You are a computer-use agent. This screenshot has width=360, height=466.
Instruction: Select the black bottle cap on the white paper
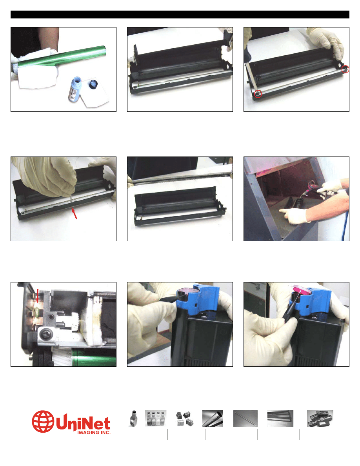(94, 84)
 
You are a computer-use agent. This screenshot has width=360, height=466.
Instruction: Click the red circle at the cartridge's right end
(345, 69)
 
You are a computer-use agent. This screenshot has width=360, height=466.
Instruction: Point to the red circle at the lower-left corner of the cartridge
(258, 94)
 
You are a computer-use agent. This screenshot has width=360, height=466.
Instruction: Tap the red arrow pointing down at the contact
(37, 296)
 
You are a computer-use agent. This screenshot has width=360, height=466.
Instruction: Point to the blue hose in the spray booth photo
(345, 220)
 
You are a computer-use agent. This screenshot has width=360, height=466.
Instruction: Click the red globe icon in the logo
(43, 421)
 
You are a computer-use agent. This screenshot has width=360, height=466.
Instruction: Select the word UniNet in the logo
(83, 422)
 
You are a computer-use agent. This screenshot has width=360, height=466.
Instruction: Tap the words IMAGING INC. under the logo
(94, 432)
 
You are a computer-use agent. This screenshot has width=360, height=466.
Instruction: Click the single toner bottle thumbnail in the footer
(134, 419)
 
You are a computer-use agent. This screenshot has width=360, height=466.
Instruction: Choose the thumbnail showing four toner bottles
(155, 419)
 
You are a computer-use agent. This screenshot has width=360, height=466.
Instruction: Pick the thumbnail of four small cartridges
(184, 419)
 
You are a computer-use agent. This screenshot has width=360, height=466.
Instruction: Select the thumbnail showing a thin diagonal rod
(245, 419)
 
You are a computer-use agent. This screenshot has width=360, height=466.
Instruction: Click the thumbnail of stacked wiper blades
(280, 419)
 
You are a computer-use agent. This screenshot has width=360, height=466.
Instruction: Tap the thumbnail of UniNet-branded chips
(320, 419)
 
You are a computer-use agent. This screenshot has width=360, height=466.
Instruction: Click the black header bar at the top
(180, 15)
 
